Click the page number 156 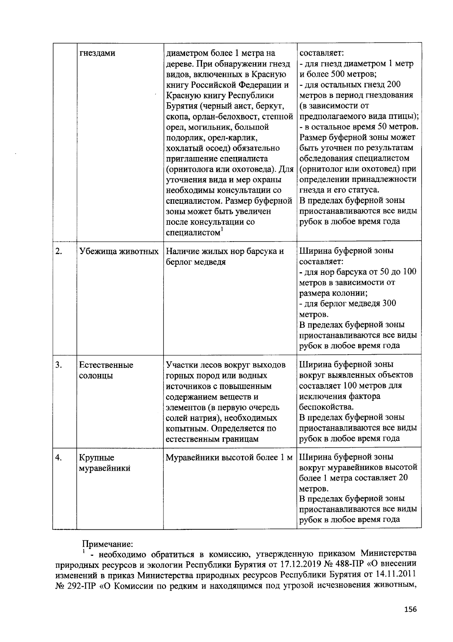point(410,609)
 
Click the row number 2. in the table point(59,251)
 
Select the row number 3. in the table point(59,365)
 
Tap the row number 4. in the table point(59,457)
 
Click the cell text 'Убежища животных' point(119,251)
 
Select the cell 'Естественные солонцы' point(106,371)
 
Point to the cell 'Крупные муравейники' point(105,463)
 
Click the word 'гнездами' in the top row point(97,53)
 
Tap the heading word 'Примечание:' point(108,544)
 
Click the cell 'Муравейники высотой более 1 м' point(230,457)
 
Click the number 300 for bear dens point(389,304)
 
